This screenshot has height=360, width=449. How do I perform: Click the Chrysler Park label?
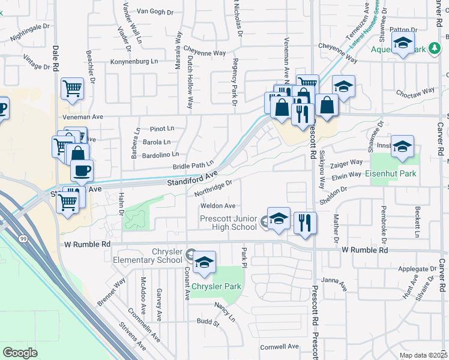217,286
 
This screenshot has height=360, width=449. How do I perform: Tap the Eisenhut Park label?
391,174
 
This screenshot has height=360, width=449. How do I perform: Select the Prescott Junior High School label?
228,223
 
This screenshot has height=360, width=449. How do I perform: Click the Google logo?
20,352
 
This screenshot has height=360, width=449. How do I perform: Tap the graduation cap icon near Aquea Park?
402,43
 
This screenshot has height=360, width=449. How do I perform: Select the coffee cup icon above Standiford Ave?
82,170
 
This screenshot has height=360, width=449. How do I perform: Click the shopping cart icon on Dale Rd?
72,89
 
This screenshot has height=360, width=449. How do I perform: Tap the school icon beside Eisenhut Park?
402,146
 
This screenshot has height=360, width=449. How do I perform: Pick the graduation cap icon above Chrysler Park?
204,262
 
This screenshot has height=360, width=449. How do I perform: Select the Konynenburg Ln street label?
134,61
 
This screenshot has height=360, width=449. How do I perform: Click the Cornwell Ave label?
279,347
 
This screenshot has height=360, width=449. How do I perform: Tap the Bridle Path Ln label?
193,165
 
